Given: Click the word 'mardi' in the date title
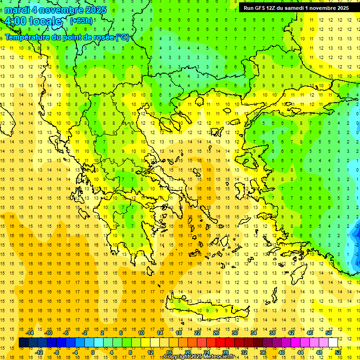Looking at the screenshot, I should pyautogui.click(x=17, y=9).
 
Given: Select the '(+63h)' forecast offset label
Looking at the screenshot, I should pyautogui.click(x=81, y=21).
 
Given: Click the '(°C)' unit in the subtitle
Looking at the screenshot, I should pyautogui.click(x=122, y=37).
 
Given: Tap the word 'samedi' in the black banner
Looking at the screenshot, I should pyautogui.click(x=294, y=7).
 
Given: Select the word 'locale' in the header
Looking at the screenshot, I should pyautogui.click(x=45, y=21).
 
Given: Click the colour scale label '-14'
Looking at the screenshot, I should pyautogui.click(x=30, y=333).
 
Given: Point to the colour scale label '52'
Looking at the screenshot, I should pyautogui.click(x=338, y=352).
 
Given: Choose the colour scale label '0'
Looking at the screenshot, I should pyautogui.click(x=92, y=352).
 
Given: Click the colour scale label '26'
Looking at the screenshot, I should pyautogui.click(x=216, y=333).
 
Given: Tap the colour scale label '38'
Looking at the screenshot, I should pyautogui.click(x=272, y=333).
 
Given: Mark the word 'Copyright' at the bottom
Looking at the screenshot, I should pyautogui.click(x=177, y=357).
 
